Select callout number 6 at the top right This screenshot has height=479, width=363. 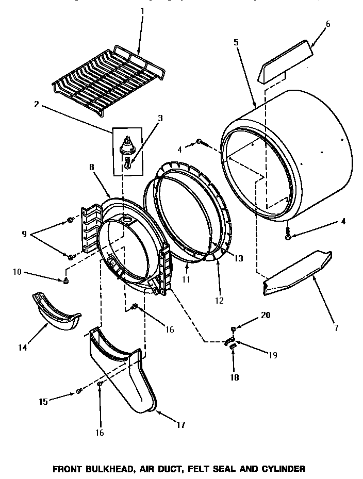click(328, 24)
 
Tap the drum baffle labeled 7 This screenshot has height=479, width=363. click(296, 273)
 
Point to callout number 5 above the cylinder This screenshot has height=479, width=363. click(236, 42)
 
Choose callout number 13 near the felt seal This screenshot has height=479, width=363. click(238, 258)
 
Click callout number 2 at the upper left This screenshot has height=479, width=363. click(36, 104)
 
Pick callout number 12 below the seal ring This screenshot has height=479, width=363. click(220, 300)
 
